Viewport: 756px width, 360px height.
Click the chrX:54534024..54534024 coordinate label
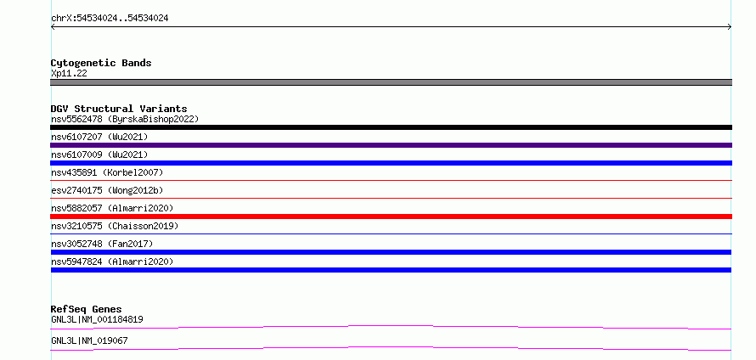pos(110,19)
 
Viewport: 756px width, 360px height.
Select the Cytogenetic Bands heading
pos(101,63)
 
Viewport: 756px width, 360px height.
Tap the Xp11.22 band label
pos(69,74)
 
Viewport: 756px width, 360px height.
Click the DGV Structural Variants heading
pos(119,109)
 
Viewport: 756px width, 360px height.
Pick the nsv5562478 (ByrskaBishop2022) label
pos(125,119)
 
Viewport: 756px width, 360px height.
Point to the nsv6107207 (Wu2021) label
pos(99,137)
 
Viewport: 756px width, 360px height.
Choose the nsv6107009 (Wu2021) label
pos(99,155)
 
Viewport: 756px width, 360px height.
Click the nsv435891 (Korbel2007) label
pos(107,172)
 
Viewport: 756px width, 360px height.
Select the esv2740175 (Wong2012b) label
pos(107,190)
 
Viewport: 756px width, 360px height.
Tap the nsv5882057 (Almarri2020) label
pos(112,208)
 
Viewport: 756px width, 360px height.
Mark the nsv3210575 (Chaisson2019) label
pos(115,226)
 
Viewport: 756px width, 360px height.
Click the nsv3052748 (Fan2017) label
pos(102,244)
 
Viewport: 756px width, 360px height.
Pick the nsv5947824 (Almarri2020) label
pos(112,262)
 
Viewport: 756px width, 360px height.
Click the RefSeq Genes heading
pos(87,309)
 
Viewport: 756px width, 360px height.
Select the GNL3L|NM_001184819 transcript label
pos(97,319)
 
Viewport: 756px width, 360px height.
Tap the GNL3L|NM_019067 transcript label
pos(89,340)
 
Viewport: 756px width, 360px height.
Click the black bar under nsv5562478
pos(391,127)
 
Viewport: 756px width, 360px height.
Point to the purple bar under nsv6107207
pos(391,145)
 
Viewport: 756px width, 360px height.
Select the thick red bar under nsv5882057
pos(391,217)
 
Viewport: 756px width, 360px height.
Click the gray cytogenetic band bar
pos(391,82)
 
